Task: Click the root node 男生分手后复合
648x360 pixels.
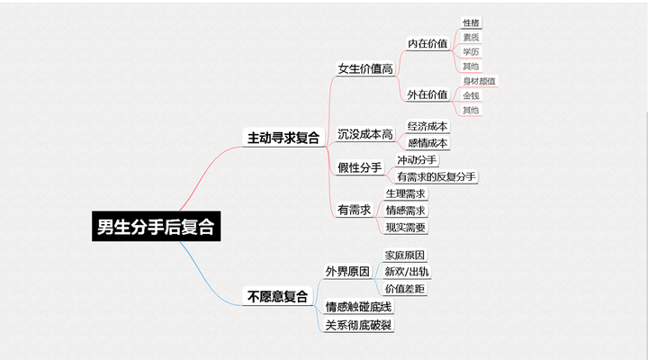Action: [157, 226]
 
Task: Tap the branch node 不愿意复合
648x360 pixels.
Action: [276, 295]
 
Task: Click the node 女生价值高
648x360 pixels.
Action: [364, 68]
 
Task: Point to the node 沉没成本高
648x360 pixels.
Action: [364, 134]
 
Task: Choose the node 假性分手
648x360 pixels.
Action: [359, 167]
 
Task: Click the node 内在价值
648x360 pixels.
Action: [427, 43]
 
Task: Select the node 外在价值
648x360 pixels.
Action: [427, 94]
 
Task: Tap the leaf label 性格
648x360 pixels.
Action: [471, 22]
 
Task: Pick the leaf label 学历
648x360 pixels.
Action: [471, 52]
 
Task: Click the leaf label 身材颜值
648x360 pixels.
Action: [479, 81]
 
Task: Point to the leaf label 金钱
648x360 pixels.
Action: [471, 95]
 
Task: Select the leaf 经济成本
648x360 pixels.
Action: [427, 126]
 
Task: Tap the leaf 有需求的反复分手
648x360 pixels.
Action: [436, 176]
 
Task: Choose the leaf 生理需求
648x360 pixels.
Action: [405, 193]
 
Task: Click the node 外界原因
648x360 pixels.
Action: [347, 271]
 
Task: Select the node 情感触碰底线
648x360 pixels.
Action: [360, 307]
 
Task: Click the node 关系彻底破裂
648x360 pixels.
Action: [360, 325]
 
